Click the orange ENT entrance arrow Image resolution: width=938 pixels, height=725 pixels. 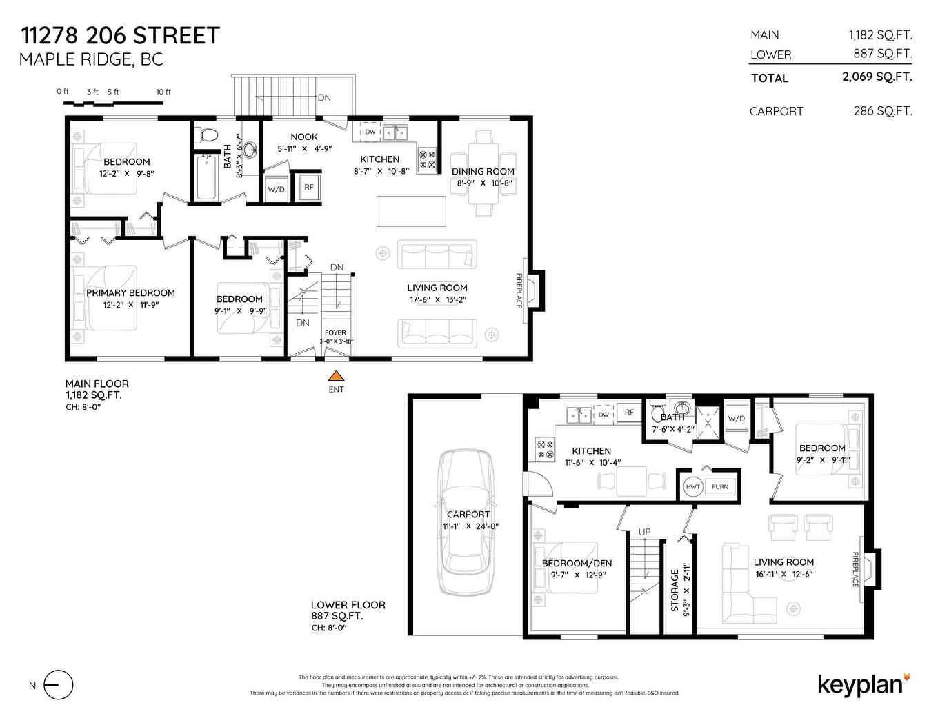pos(336,376)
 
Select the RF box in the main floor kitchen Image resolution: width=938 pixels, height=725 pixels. pos(309,187)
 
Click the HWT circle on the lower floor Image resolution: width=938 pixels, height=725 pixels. pos(692,486)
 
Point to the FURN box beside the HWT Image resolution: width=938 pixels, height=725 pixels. pos(720,486)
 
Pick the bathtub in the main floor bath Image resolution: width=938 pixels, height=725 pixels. pos(206,178)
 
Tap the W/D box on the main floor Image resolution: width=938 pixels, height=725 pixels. pos(276,188)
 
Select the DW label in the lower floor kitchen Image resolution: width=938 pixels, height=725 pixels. pos(603,415)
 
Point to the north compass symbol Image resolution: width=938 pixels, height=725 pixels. pos(58,685)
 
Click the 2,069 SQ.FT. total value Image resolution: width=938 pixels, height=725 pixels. pos(877,77)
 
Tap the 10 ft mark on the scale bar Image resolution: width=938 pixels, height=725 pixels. pos(163,92)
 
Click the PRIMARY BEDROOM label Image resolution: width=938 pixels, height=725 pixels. pos(130,292)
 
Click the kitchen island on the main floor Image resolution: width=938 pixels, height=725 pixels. pos(411,211)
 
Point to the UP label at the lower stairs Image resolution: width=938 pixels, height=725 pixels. pos(644,532)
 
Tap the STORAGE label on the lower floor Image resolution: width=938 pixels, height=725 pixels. pos(675,590)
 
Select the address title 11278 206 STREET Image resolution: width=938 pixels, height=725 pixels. pos(120,35)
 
